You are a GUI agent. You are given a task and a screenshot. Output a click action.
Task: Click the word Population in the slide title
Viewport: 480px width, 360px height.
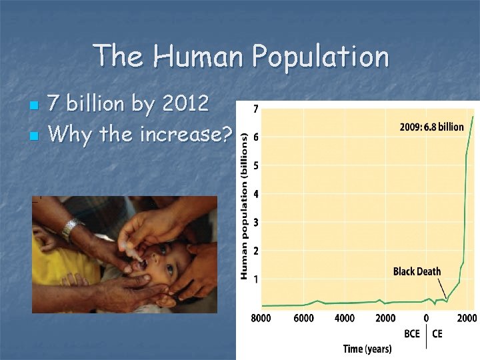pyautogui.click(x=320, y=57)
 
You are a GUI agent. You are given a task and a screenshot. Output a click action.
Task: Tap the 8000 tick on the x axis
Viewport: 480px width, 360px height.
pyautogui.click(x=261, y=318)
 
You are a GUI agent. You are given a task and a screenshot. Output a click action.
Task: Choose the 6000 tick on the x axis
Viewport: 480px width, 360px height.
pyautogui.click(x=303, y=318)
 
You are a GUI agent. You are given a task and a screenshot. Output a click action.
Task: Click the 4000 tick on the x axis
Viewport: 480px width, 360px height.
pyautogui.click(x=345, y=318)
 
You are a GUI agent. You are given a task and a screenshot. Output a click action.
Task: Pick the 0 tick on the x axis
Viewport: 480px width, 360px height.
pyautogui.click(x=426, y=318)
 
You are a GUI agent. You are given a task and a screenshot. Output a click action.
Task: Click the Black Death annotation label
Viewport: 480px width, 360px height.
pyautogui.click(x=417, y=271)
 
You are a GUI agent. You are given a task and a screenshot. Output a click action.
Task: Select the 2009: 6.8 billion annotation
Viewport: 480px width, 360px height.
pyautogui.click(x=432, y=127)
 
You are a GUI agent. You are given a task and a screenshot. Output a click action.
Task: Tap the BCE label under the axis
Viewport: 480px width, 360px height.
pyautogui.click(x=411, y=333)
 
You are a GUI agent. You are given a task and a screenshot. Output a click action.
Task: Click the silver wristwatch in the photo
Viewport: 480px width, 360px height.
pyautogui.click(x=71, y=229)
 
